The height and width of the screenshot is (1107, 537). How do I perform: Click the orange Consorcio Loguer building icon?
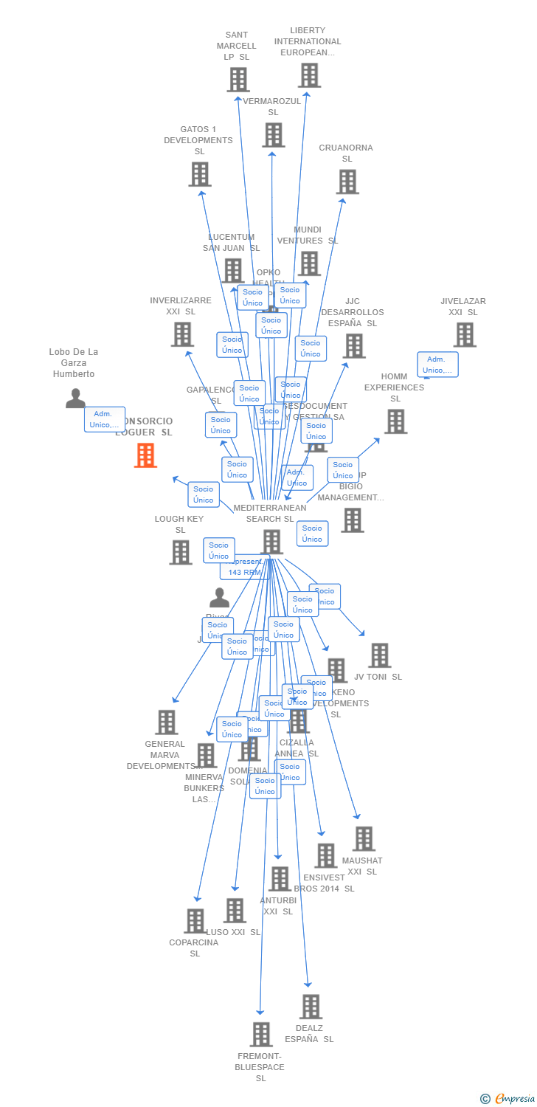[145, 455]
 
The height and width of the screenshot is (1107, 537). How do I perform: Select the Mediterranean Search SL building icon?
[271, 541]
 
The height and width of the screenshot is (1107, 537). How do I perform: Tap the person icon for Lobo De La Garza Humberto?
[75, 399]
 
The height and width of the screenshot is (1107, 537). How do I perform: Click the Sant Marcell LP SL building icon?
[238, 80]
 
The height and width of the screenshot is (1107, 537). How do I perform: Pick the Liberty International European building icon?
[309, 75]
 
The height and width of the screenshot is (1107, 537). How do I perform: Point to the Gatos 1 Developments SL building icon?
[199, 174]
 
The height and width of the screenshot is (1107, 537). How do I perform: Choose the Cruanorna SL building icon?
[347, 182]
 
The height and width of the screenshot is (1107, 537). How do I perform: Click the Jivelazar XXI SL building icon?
[464, 334]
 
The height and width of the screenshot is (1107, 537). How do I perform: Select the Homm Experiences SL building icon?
[395, 421]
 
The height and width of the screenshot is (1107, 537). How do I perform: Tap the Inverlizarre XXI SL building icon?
[181, 334]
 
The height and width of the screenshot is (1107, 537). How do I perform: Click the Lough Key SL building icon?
[180, 552]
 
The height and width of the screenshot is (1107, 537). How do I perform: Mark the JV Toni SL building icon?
[379, 655]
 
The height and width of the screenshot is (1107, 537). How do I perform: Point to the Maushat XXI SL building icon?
[363, 838]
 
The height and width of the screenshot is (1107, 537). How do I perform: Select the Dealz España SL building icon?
[311, 1006]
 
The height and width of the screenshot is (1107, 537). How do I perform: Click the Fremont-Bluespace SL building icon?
[260, 1034]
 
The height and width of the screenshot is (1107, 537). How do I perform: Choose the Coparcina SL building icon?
[195, 920]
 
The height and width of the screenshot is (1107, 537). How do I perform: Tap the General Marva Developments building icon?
[167, 722]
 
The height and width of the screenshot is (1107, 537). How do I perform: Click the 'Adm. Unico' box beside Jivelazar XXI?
[437, 365]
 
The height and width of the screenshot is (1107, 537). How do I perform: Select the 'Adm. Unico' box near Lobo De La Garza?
[104, 419]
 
